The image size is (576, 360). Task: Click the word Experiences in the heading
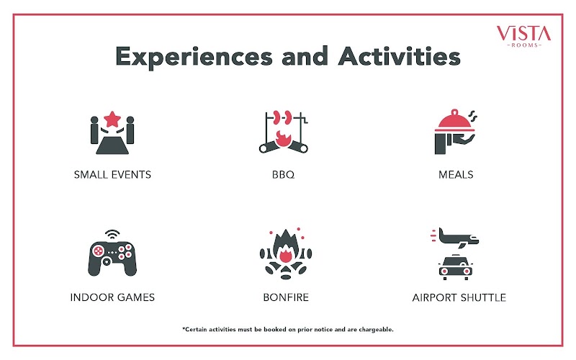194,57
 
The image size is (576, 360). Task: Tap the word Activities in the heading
400,56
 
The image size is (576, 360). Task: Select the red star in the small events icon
112,119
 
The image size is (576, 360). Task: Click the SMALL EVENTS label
112,174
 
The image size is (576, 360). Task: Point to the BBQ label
283,174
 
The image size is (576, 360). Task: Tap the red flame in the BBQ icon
283,139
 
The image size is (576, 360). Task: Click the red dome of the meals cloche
455,120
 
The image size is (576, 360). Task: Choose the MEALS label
456,174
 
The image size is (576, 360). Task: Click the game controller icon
112,258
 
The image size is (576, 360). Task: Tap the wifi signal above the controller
112,234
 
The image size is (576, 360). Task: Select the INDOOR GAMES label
112,297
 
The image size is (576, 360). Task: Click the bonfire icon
286,253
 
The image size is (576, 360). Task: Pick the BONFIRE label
286,297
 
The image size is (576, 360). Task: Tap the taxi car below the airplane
456,267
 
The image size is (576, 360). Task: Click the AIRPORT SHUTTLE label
459,297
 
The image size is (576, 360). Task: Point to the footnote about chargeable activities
288,330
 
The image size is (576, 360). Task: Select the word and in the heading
305,56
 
